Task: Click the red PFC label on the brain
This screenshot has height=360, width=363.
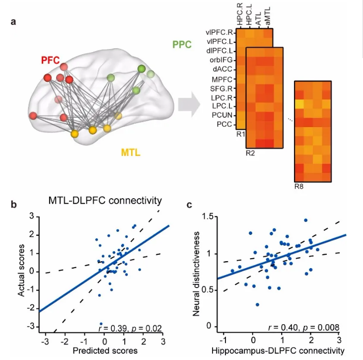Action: (51, 60)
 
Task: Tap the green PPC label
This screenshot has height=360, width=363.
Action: (182, 45)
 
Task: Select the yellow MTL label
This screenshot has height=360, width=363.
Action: (131, 152)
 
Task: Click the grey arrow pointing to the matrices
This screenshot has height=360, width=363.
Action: (189, 104)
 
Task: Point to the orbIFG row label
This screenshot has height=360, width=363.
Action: (221, 60)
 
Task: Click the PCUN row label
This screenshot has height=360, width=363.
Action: (222, 115)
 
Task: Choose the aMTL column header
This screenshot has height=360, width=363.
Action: (268, 16)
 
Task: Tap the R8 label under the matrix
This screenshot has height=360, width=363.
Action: (299, 186)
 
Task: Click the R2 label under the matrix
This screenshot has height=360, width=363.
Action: (250, 153)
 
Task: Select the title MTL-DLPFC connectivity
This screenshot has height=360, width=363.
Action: (105, 201)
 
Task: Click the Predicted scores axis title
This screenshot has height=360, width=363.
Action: (105, 351)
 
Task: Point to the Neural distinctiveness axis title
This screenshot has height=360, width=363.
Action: (196, 274)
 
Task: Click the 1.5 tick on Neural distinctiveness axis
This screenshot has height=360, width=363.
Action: (208, 216)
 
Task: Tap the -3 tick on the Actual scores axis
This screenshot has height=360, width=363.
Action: (30, 326)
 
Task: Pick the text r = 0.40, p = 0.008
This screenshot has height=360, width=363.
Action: (304, 327)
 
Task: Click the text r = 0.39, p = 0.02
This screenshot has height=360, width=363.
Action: (130, 328)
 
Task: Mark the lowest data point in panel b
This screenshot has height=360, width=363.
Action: (101, 324)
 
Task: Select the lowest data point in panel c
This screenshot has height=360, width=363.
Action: (257, 305)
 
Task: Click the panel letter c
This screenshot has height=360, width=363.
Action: (189, 205)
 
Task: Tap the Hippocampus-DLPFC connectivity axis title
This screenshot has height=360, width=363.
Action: (278, 351)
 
